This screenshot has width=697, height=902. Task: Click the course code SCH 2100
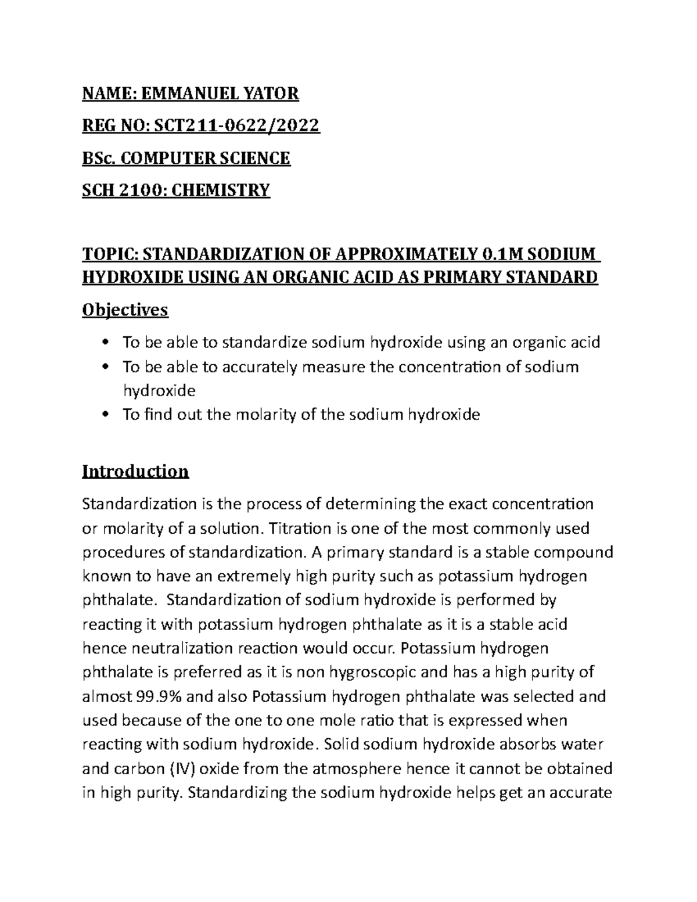[x=115, y=189]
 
